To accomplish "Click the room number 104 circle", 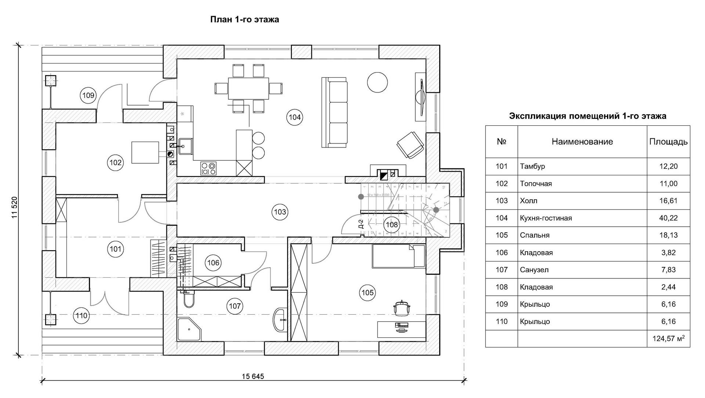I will (x=294, y=117).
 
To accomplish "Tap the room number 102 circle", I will (x=115, y=163).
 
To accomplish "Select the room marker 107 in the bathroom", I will (x=235, y=306).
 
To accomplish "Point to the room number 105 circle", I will (x=368, y=292).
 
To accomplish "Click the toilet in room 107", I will (x=189, y=299).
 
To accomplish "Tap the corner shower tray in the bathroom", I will (x=189, y=329).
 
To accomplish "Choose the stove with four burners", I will (x=209, y=168).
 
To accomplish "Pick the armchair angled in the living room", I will (x=410, y=145).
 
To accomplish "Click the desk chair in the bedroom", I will (x=402, y=307).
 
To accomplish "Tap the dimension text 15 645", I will (x=253, y=376).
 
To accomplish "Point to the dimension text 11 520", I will (x=15, y=208).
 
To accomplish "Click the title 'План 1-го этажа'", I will (x=245, y=19).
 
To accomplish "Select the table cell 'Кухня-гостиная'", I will (x=546, y=218).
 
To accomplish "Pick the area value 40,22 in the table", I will (x=668, y=218).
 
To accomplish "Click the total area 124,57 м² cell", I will (x=668, y=339).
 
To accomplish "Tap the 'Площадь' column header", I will (x=668, y=142).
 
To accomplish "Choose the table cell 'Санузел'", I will (x=534, y=270).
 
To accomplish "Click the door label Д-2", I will (x=361, y=223).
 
